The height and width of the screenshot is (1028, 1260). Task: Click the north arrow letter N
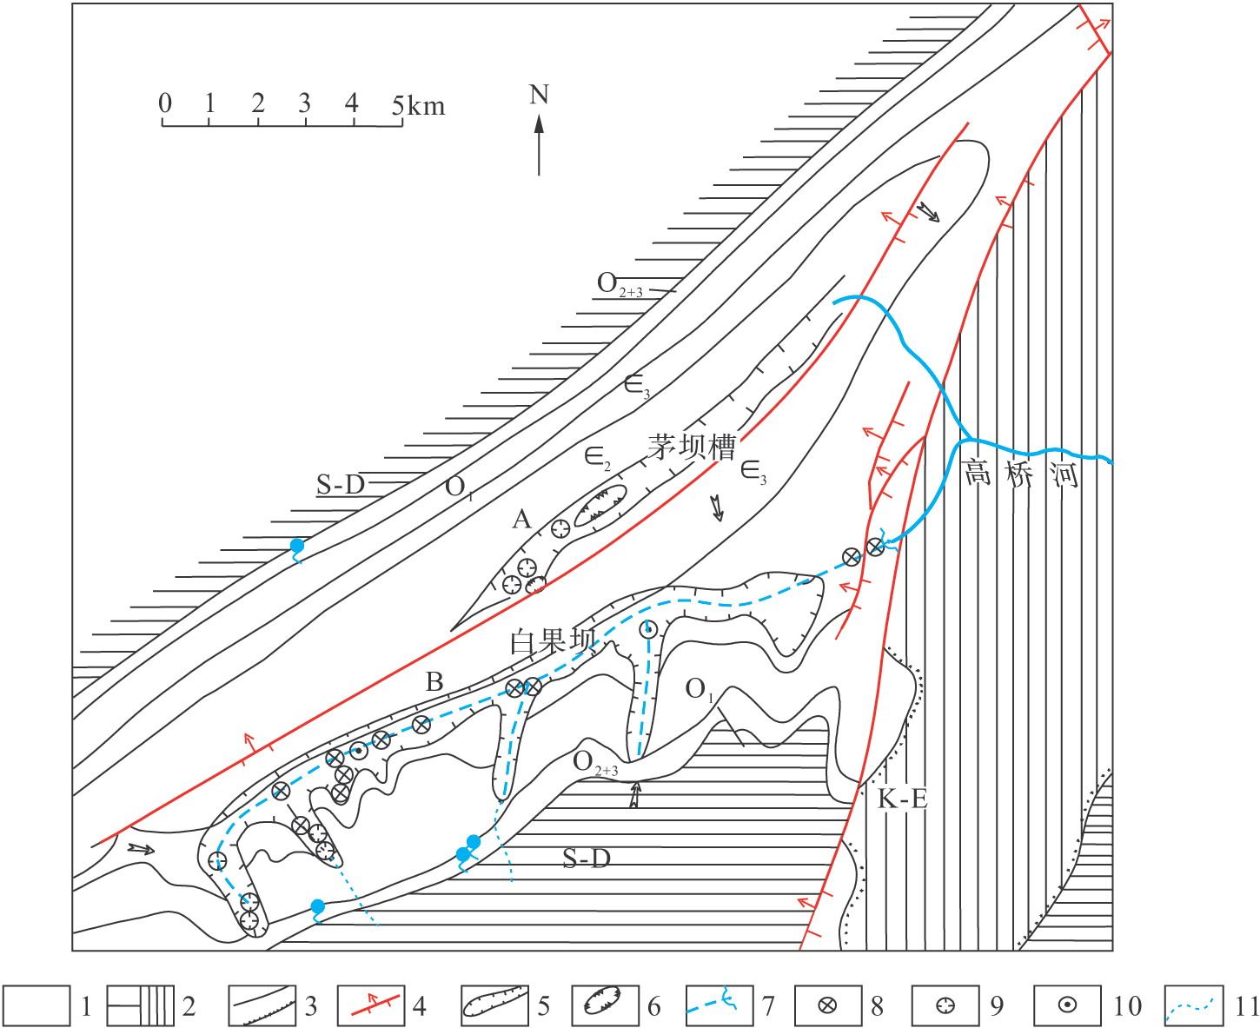tap(539, 95)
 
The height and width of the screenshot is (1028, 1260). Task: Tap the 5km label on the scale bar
tap(418, 105)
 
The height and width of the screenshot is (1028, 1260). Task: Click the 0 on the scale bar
tap(165, 103)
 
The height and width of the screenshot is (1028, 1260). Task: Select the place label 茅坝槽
tap(692, 447)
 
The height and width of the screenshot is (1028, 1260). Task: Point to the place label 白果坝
tap(554, 641)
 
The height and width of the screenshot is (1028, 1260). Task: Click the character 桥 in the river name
tap(1022, 474)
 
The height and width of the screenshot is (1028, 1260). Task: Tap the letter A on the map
tap(521, 519)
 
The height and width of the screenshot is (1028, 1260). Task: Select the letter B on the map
tap(434, 681)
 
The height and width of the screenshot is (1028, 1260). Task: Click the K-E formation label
tap(902, 799)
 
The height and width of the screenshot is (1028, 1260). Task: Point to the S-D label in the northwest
tap(341, 484)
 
